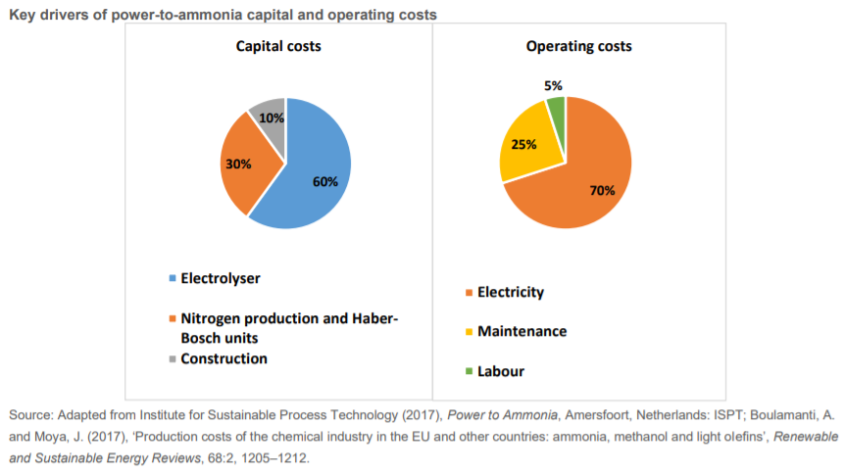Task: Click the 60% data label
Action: coord(325,181)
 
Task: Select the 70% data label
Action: coord(602,190)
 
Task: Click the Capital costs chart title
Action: coord(278,46)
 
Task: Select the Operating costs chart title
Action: coord(578,46)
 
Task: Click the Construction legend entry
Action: coord(224,358)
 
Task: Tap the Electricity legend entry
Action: coord(509,292)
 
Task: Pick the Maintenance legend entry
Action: coord(521,331)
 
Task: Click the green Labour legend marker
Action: coord(468,372)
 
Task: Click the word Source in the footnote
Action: coord(30,414)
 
